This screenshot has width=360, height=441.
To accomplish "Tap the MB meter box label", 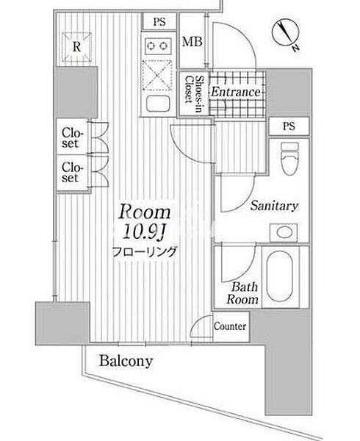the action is click(192, 42).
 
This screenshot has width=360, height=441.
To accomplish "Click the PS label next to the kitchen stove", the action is click(159, 22).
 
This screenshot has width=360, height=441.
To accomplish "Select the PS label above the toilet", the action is click(289, 126).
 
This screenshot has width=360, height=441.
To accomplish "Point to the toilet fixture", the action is click(289, 158).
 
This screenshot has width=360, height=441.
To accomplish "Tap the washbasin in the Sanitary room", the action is click(284, 232).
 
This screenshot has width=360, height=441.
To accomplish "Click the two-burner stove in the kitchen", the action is click(157, 46).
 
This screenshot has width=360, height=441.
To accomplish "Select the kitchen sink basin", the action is click(158, 104).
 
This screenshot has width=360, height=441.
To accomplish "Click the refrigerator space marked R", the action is click(76, 47).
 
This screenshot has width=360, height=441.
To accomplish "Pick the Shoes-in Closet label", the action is click(194, 94).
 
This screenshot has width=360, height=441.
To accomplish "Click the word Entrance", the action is click(236, 92).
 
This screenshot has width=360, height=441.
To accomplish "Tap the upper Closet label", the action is click(73, 138).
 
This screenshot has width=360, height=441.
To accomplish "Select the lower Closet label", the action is click(73, 172).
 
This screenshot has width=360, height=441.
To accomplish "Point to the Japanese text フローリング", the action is click(145, 251).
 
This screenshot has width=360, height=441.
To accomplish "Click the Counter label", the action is click(230, 326).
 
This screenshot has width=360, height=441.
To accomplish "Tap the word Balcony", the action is click(126, 361).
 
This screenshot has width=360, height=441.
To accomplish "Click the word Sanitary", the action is click(274, 206).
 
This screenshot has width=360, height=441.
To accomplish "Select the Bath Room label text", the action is click(242, 293).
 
